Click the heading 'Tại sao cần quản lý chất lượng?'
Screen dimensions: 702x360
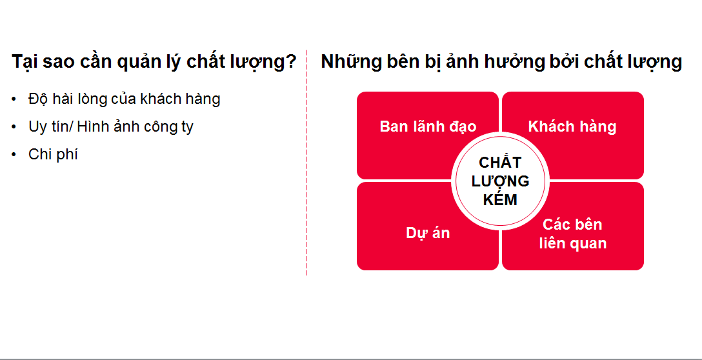[154, 62]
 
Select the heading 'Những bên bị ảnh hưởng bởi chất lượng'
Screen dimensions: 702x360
[501, 62]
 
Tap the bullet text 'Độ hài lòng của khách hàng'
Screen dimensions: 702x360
[124, 99]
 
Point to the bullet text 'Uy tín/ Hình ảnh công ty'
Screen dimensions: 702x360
[110, 126]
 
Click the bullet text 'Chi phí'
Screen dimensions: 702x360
[53, 154]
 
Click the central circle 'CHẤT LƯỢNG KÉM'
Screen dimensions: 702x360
[501, 181]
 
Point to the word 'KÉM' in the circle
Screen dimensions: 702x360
[501, 200]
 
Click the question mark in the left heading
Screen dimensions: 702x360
[290, 61]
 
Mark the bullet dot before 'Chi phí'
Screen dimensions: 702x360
[14, 154]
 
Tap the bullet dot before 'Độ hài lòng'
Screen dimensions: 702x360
[14, 99]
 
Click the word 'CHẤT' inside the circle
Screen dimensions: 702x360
[501, 161]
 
